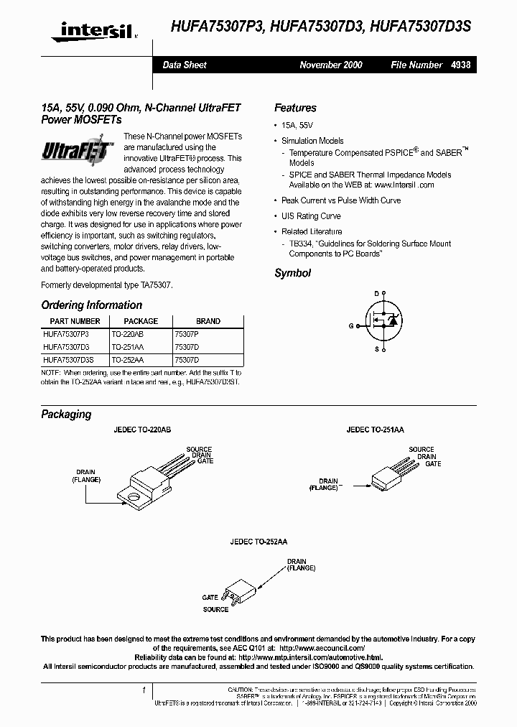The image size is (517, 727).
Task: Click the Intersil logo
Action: point(89,30)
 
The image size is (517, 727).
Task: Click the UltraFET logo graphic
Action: point(75,152)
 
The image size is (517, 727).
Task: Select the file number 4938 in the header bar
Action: point(461,65)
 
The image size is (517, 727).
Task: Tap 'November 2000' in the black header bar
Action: point(330,65)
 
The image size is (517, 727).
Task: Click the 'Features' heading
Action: point(295,108)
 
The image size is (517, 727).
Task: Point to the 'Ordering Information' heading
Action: point(91,305)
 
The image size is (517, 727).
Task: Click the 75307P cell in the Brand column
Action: point(187,334)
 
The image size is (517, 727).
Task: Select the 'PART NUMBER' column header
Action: point(75,321)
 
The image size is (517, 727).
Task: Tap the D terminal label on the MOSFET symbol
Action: point(376,294)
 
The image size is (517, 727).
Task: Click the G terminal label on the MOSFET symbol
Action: point(351,325)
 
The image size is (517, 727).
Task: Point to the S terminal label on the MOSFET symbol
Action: point(376,350)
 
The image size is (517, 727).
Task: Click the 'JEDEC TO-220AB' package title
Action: point(142,430)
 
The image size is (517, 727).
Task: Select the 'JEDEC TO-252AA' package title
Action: point(258,542)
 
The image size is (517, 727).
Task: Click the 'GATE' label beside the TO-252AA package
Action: point(210,597)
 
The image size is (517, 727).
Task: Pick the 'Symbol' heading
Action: point(292,273)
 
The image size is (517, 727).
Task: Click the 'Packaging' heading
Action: point(66,415)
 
